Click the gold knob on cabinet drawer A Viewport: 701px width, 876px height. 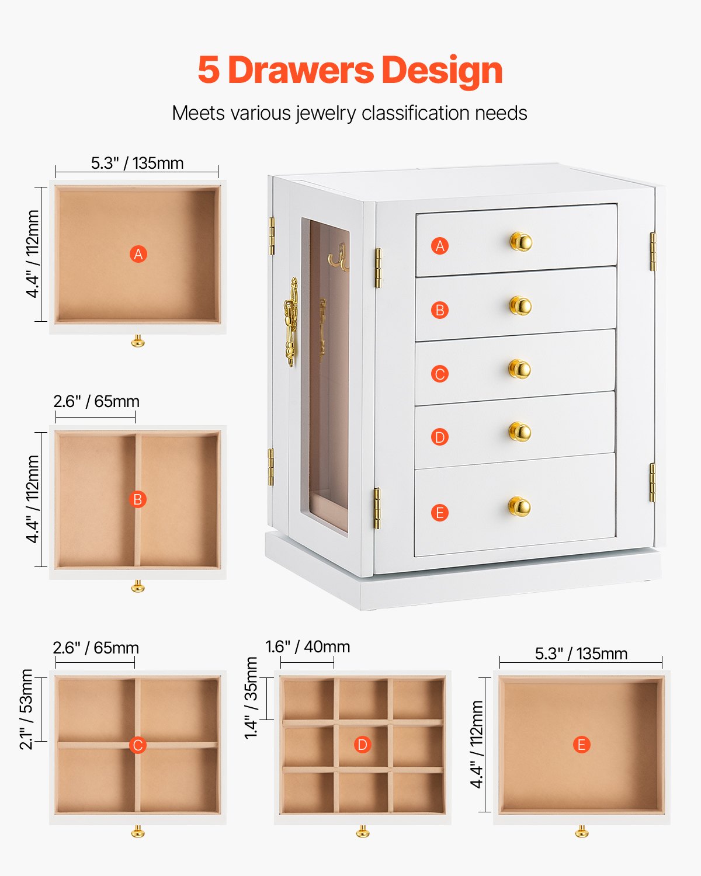click(x=520, y=241)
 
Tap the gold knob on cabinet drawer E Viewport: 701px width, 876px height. click(x=519, y=506)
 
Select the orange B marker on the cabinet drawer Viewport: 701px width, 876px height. click(x=440, y=310)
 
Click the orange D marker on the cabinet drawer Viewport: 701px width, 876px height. click(x=440, y=437)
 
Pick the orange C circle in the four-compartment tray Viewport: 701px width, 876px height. click(x=138, y=745)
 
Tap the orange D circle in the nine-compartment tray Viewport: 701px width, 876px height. click(x=362, y=745)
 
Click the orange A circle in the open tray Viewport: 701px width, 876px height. click(x=138, y=254)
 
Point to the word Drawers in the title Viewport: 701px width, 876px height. click(x=300, y=70)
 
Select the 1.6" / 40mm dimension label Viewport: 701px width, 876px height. click(x=308, y=647)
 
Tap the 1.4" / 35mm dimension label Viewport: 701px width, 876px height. click(x=251, y=698)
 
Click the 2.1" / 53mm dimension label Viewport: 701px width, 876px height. click(x=26, y=709)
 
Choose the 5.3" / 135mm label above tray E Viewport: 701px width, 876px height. click(x=581, y=653)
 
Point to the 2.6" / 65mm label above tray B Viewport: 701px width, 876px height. click(x=96, y=402)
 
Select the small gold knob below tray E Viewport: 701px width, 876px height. click(x=582, y=831)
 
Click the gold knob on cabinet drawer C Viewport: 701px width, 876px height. click(x=519, y=369)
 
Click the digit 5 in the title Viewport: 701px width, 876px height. click(x=209, y=71)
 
